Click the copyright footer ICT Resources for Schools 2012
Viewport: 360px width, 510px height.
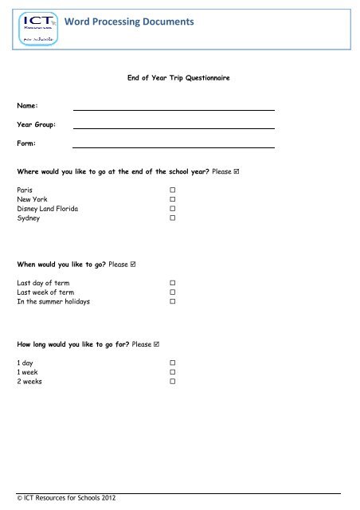67,498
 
